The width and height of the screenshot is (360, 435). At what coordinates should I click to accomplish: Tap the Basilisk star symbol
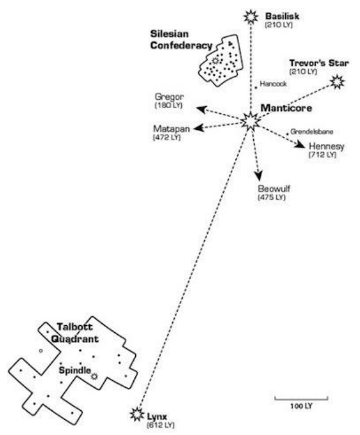(x=251, y=17)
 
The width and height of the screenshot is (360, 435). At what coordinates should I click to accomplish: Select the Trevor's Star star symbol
(x=338, y=81)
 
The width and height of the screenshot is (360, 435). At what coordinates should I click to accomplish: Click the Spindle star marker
(x=94, y=375)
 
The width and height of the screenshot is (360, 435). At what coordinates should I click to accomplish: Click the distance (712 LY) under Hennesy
(x=322, y=155)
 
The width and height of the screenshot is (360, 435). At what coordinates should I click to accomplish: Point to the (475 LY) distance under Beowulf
(x=271, y=197)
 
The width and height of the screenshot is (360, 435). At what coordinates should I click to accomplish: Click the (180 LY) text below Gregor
(x=168, y=105)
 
